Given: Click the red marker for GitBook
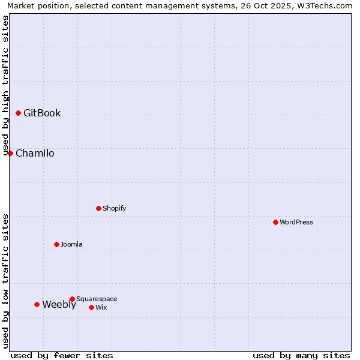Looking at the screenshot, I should pos(18,113).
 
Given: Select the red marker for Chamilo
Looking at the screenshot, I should pos(10,153).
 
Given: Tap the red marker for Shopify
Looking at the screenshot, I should pos(98,208).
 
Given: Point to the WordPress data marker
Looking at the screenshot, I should pos(275,222).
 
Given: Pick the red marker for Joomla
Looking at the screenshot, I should pos(56,244).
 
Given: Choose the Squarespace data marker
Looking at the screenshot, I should pos(72,299).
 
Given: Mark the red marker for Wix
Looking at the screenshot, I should pos(91,307).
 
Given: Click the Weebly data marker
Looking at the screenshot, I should pos(37,304).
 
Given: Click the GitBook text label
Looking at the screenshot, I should pos(42,113).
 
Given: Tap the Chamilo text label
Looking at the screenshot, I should pos(35,153).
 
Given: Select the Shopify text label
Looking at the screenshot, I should pos(114,208).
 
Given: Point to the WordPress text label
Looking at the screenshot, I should pos(296,222).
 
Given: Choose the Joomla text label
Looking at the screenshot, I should pos(71,244).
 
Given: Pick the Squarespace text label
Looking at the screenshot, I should pos(97,299).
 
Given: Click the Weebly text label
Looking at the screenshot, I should pos(59,304).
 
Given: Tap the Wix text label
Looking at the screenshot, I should pos(101,307).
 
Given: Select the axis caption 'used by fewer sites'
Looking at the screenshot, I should pos(62,355).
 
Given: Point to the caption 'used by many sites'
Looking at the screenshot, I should pos(301,355).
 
